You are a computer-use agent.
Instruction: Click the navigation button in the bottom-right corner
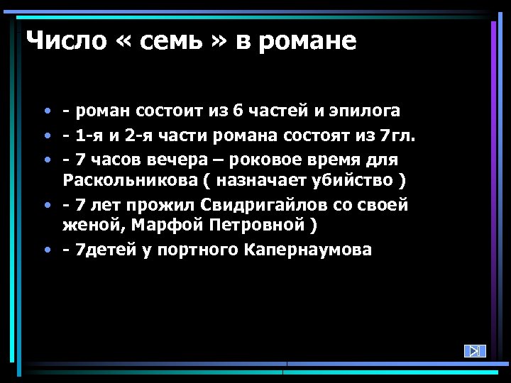click(475, 350)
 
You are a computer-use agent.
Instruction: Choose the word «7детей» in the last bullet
click(109, 250)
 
